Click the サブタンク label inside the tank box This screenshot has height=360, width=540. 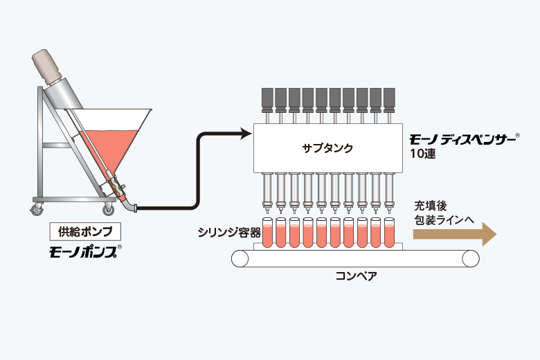[x=327, y=148]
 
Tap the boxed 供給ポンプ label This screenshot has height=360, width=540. [x=85, y=231]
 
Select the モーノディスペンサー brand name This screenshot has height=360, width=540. [x=462, y=139]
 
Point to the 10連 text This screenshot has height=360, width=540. [x=422, y=154]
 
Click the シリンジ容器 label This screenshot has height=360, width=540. [x=229, y=233]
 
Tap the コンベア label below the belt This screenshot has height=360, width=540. [x=356, y=276]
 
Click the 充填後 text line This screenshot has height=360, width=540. [x=431, y=206]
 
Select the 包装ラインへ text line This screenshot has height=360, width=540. [x=444, y=220]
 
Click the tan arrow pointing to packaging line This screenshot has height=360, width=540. [x=455, y=234]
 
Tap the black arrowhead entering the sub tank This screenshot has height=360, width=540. [x=246, y=134]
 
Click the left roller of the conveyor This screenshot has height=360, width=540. [x=240, y=259]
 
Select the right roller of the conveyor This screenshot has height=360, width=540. [x=471, y=259]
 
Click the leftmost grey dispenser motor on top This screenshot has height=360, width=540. [x=268, y=100]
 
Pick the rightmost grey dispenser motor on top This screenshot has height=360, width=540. [x=389, y=100]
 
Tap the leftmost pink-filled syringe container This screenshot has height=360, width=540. [x=267, y=232]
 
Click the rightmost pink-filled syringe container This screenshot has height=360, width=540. [x=389, y=232]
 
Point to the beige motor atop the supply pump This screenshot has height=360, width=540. [x=46, y=66]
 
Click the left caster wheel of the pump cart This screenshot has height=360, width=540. [x=37, y=210]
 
